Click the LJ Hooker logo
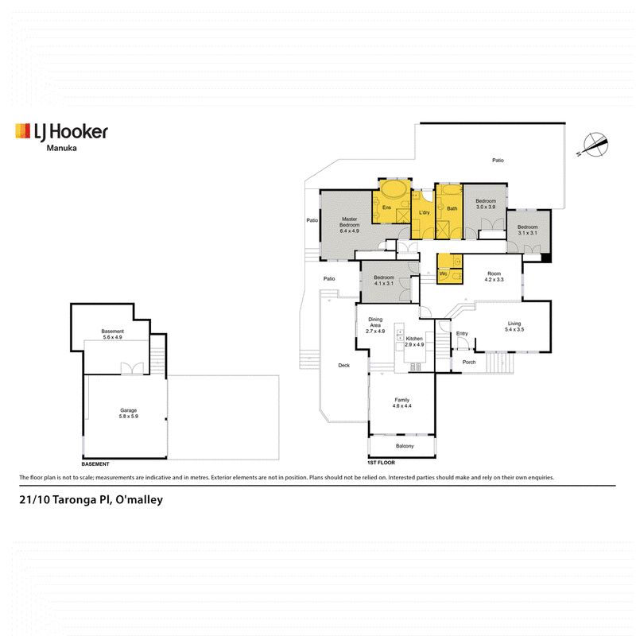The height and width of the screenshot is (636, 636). click(62, 132)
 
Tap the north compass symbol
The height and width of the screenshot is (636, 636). click(595, 145)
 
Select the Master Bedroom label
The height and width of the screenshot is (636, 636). click(349, 225)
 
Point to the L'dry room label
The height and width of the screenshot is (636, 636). click(424, 212)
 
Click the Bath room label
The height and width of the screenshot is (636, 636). click(452, 208)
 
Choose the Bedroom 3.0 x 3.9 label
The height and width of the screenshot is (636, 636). click(486, 204)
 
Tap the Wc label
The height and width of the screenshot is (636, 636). click(444, 273)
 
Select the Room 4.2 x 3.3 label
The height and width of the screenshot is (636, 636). click(494, 276)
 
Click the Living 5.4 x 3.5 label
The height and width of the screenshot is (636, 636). click(514, 326)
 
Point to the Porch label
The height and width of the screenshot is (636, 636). click(469, 362)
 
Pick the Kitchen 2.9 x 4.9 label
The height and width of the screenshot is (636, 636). click(414, 341)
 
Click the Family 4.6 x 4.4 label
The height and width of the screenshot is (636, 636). click(401, 402)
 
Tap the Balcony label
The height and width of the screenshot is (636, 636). click(405, 446)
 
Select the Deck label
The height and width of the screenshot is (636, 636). click(344, 365)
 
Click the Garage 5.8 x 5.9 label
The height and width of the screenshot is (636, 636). click(128, 413)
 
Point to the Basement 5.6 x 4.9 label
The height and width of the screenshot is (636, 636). click(112, 334)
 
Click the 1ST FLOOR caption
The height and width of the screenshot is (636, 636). click(381, 463)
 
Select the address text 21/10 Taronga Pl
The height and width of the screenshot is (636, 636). click(65, 500)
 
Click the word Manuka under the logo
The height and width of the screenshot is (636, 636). click(62, 148)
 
